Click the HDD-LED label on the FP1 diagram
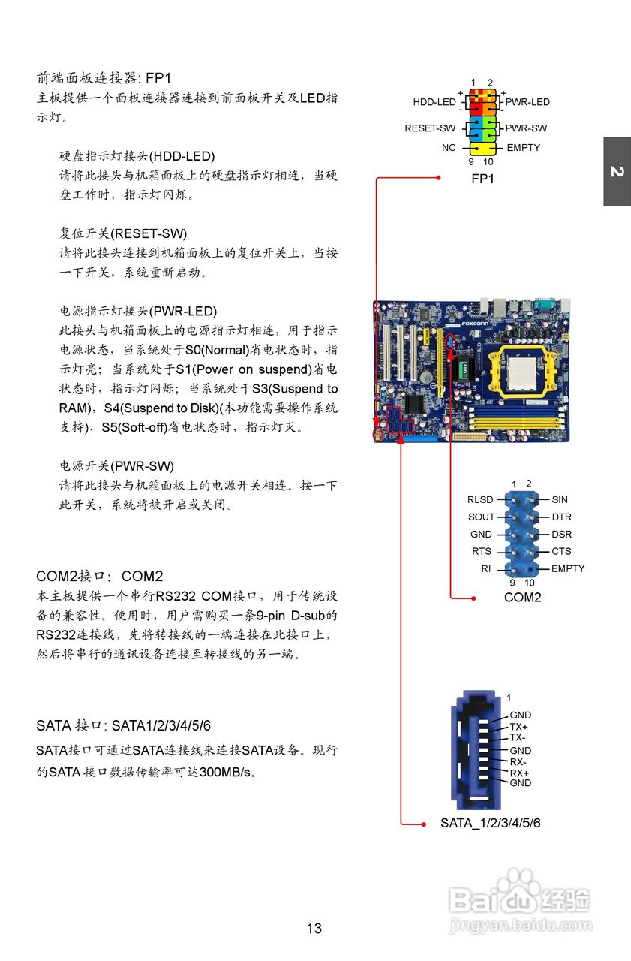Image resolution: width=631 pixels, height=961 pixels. coord(434,102)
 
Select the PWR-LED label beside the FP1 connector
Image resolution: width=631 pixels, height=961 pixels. coord(527,102)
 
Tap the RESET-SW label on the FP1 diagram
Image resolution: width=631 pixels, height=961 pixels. coord(430,128)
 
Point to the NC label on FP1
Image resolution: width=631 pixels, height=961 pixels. coord(449,148)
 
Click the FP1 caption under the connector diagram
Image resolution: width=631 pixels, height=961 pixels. coord(482,179)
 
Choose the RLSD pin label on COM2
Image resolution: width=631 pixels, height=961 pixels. coord(480,500)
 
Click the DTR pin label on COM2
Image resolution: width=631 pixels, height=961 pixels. coord(561,517)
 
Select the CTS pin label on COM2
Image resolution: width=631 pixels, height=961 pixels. coord(561,552)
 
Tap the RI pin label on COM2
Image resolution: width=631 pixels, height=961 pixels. coord(486,569)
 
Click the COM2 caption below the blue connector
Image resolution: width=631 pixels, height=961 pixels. coord(522,598)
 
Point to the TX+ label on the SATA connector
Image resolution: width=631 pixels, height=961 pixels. coord(518,727)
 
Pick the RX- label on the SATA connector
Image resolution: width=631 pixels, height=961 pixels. coord(518,762)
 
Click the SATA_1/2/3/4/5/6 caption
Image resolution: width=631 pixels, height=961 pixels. coord(490,824)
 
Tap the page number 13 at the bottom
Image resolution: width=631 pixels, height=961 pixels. coord(314,929)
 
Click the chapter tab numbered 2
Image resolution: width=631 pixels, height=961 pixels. coord(617,172)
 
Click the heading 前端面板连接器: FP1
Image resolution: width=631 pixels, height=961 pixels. coord(104,78)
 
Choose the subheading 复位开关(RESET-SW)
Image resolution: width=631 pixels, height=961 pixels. coord(123,233)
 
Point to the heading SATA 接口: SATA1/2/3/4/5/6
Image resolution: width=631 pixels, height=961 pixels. coord(123,725)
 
